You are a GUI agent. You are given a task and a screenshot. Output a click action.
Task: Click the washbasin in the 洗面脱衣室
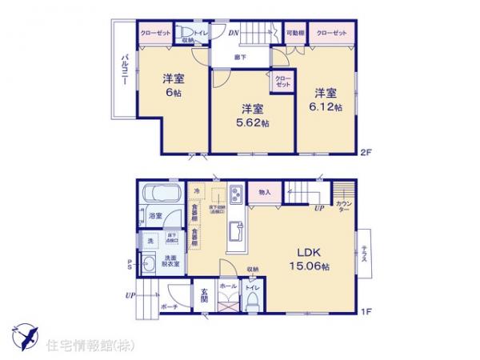pos(150,266)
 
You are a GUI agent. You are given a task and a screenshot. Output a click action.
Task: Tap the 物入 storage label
pos(263,192)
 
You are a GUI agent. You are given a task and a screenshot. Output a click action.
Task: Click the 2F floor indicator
pos(366,149)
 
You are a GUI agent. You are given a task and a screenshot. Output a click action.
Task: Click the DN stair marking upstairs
pos(234,33)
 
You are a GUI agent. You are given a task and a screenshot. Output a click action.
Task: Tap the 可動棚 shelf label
pos(294,33)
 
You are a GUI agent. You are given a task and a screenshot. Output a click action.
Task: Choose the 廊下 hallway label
pos(240,57)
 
